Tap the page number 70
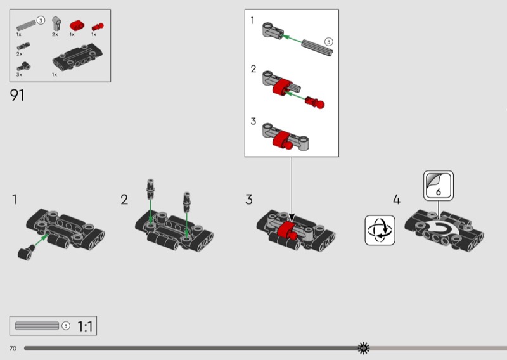pyautogui.click(x=13, y=349)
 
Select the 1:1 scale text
pyautogui.click(x=86, y=327)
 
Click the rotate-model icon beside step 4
pyautogui.click(x=380, y=229)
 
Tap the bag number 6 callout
pyautogui.click(x=439, y=186)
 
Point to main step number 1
pyautogui.click(x=14, y=200)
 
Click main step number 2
pyautogui.click(x=124, y=200)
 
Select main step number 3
pyautogui.click(x=249, y=200)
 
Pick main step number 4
pyautogui.click(x=397, y=200)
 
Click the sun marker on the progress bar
pyautogui.click(x=364, y=348)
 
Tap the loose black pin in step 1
pyautogui.click(x=25, y=253)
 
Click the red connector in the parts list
pyautogui.click(x=76, y=25)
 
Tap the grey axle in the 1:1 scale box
pyautogui.click(x=37, y=326)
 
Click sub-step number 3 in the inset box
pyautogui.click(x=253, y=121)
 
